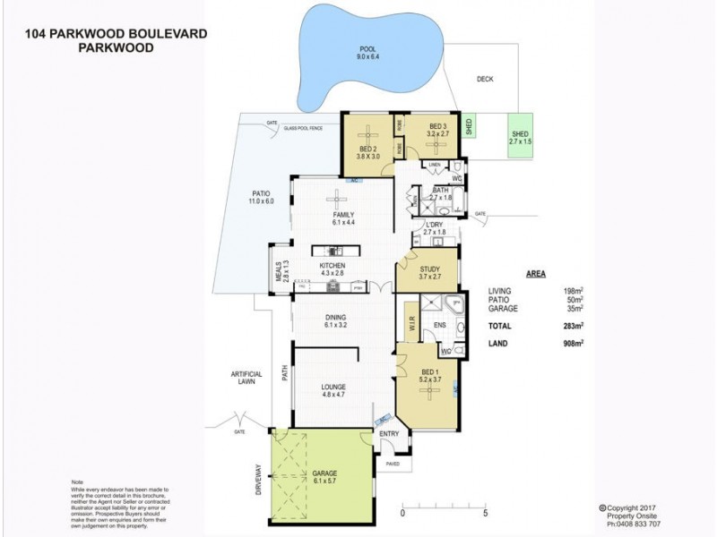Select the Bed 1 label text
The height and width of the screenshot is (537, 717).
coord(429,371)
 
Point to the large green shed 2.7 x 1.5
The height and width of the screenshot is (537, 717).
coord(520,137)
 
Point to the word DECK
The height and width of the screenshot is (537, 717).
coord(485,78)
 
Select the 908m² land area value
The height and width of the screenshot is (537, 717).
coord(574,344)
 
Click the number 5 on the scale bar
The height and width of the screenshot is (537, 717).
coord(485,515)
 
